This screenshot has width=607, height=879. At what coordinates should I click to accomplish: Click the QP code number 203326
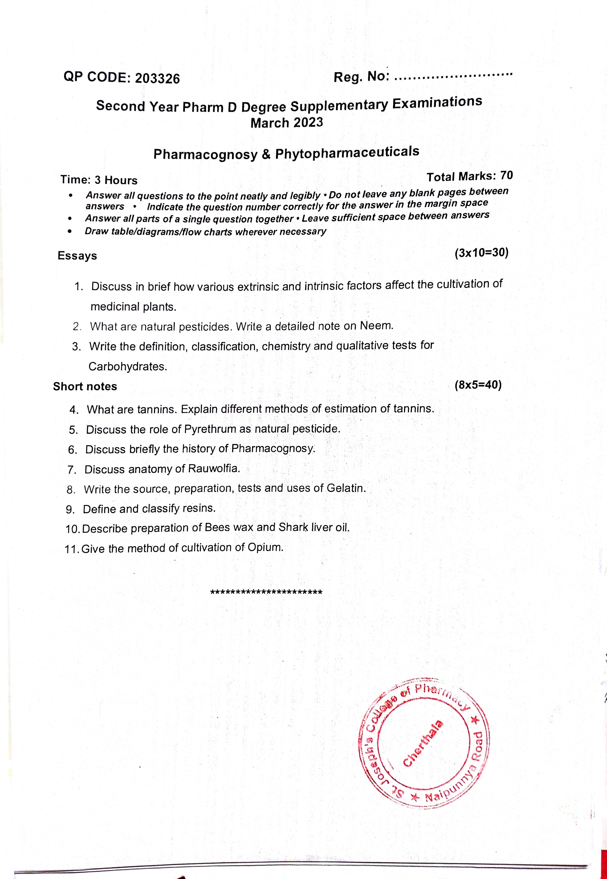click(x=157, y=78)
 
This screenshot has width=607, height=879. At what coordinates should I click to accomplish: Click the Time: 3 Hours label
click(x=99, y=180)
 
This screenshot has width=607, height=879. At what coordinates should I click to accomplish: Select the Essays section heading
click(x=77, y=256)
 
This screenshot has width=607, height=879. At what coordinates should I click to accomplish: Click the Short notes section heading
click(x=85, y=386)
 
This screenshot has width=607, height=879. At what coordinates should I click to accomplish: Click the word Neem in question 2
click(x=376, y=326)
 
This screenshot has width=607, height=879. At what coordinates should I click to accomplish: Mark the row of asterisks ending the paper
click(x=266, y=592)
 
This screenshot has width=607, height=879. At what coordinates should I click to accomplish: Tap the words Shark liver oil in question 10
click(x=314, y=527)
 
